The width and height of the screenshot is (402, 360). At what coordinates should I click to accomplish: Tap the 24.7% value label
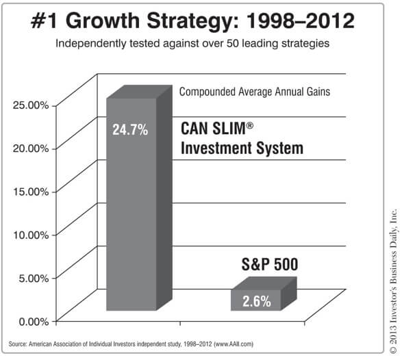[x=130, y=129]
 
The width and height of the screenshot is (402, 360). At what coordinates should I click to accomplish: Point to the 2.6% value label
[x=257, y=301]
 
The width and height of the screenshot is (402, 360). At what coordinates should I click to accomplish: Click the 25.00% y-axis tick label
[x=31, y=105]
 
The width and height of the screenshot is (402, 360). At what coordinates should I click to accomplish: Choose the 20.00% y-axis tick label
[x=31, y=149]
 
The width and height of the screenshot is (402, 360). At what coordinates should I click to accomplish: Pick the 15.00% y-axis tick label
[x=31, y=192]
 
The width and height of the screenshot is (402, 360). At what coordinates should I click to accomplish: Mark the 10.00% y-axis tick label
[x=31, y=235]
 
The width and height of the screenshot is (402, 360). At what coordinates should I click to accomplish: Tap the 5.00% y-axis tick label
[x=34, y=278]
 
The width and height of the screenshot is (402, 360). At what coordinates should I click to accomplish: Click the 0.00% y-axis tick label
[x=34, y=321]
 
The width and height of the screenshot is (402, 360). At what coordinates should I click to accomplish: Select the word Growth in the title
[x=103, y=21]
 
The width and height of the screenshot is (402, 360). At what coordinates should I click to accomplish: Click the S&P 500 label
[x=270, y=264]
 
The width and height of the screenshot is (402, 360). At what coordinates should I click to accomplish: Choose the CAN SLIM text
[x=217, y=128]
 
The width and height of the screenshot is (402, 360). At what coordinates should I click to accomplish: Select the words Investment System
[x=242, y=149]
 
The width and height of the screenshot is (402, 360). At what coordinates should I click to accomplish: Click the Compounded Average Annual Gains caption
[x=255, y=92]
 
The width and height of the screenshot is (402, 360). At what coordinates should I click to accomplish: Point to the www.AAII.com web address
[x=234, y=344]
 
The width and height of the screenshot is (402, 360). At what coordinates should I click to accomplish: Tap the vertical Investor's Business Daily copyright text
[x=393, y=281]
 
